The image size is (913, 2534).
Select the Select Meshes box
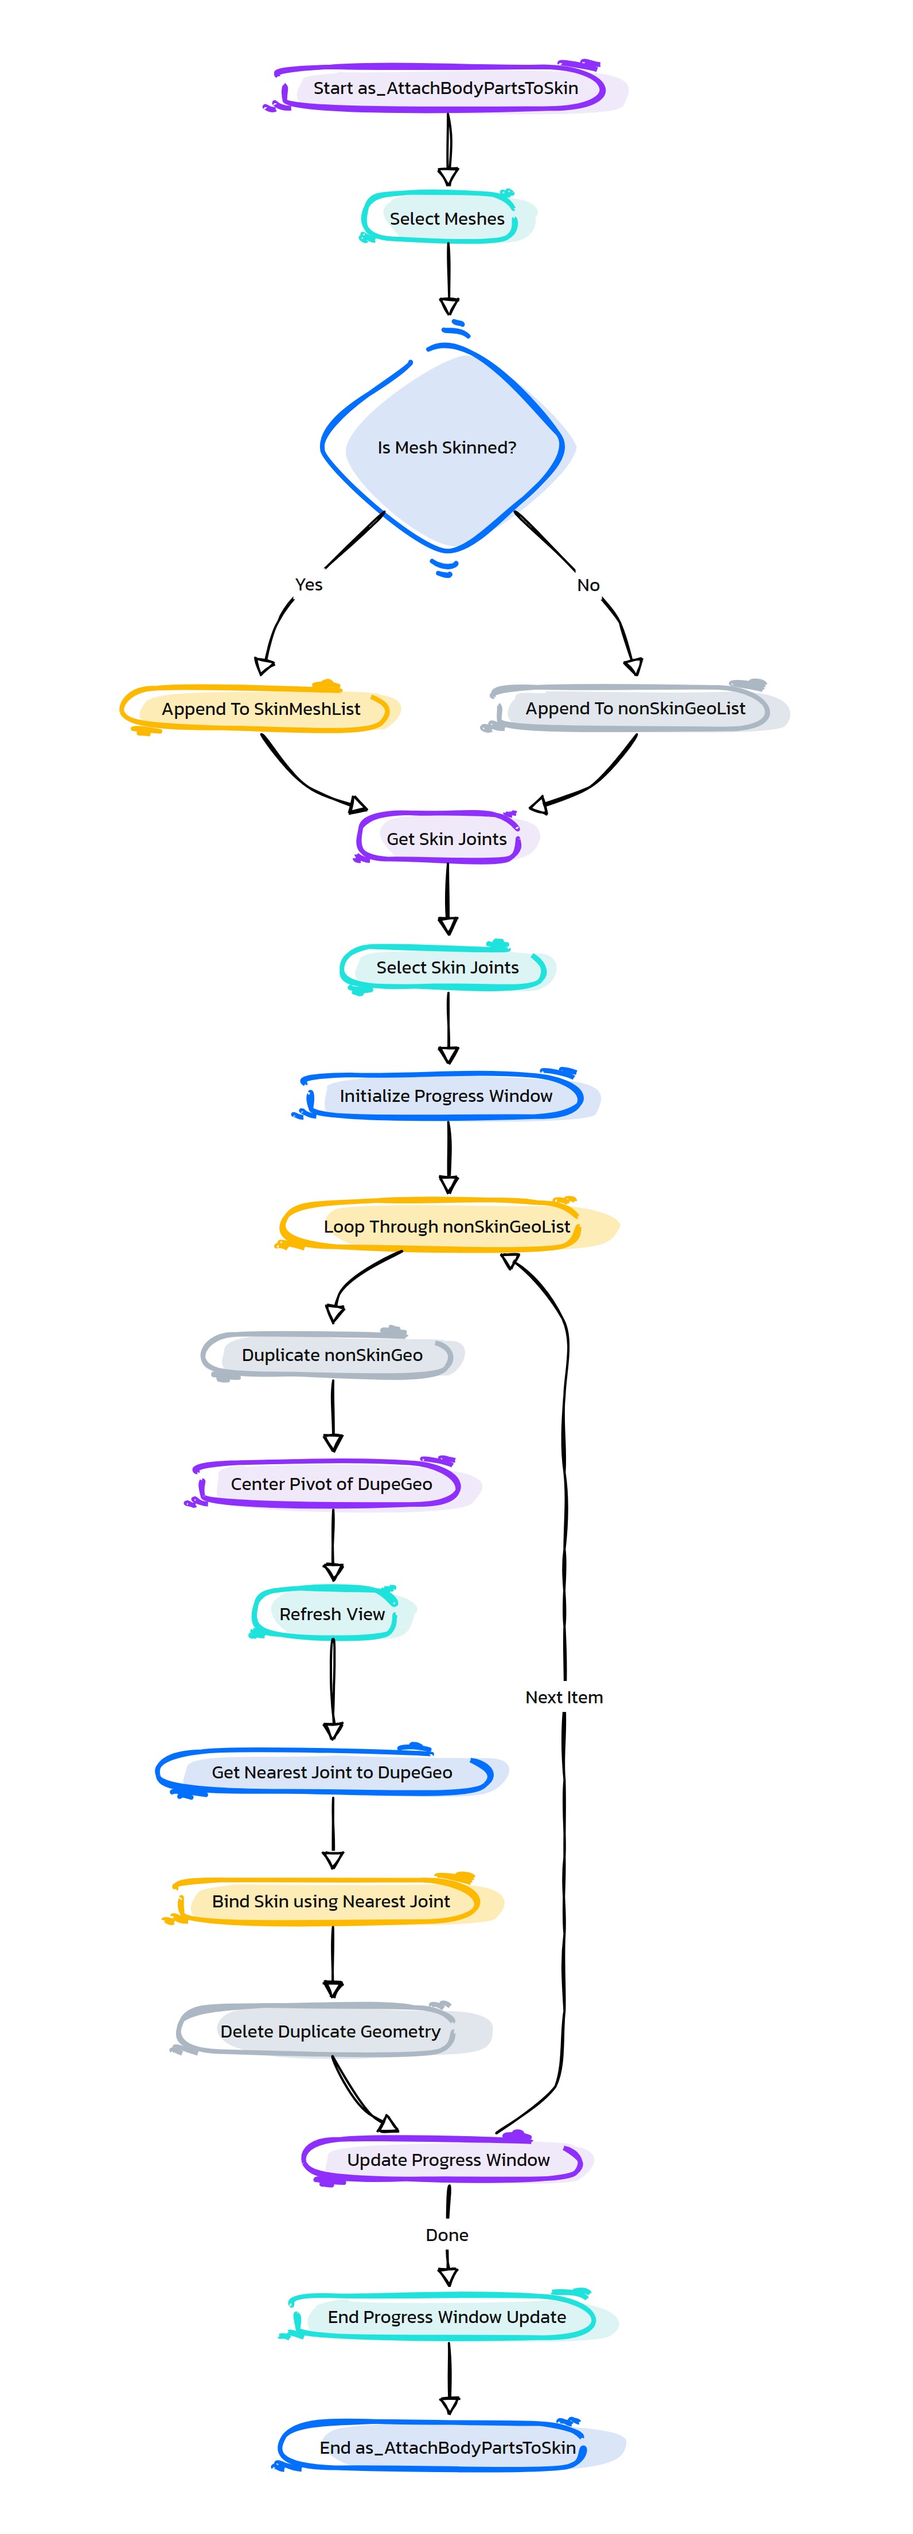pyautogui.click(x=448, y=217)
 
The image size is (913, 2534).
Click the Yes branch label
pyautogui.click(x=309, y=584)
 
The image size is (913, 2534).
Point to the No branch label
pyautogui.click(x=588, y=585)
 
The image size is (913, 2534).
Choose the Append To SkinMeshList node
pyautogui.click(x=261, y=708)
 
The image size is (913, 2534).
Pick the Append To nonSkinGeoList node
pyautogui.click(x=635, y=708)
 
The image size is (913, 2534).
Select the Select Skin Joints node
pyautogui.click(x=448, y=967)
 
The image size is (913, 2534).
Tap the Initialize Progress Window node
pyautogui.click(x=447, y=1096)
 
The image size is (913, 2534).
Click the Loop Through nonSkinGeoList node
pyautogui.click(x=448, y=1226)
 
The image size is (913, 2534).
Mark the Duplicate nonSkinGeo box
pyautogui.click(x=333, y=1355)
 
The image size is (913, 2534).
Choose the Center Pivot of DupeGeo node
pyautogui.click(x=333, y=1483)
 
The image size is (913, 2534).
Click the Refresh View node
pyautogui.click(x=333, y=1613)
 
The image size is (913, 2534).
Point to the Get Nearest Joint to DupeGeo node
pyautogui.click(x=333, y=1772)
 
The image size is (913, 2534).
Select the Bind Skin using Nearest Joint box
pyautogui.click(x=333, y=1900)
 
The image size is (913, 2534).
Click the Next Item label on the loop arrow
pyautogui.click(x=564, y=1697)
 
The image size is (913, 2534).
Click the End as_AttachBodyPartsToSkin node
pyautogui.click(x=448, y=2446)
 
